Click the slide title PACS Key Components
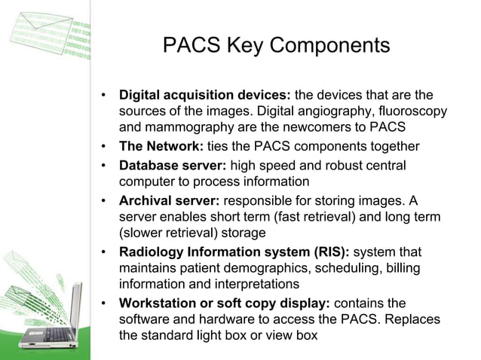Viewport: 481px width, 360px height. (x=276, y=47)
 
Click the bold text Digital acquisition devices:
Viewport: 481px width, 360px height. (x=204, y=96)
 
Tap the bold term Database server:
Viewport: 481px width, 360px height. (x=173, y=165)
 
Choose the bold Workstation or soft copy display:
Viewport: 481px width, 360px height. (x=225, y=304)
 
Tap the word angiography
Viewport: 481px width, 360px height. (x=335, y=111)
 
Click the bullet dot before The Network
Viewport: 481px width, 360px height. (x=103, y=146)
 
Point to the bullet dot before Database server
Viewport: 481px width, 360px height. (x=103, y=165)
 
